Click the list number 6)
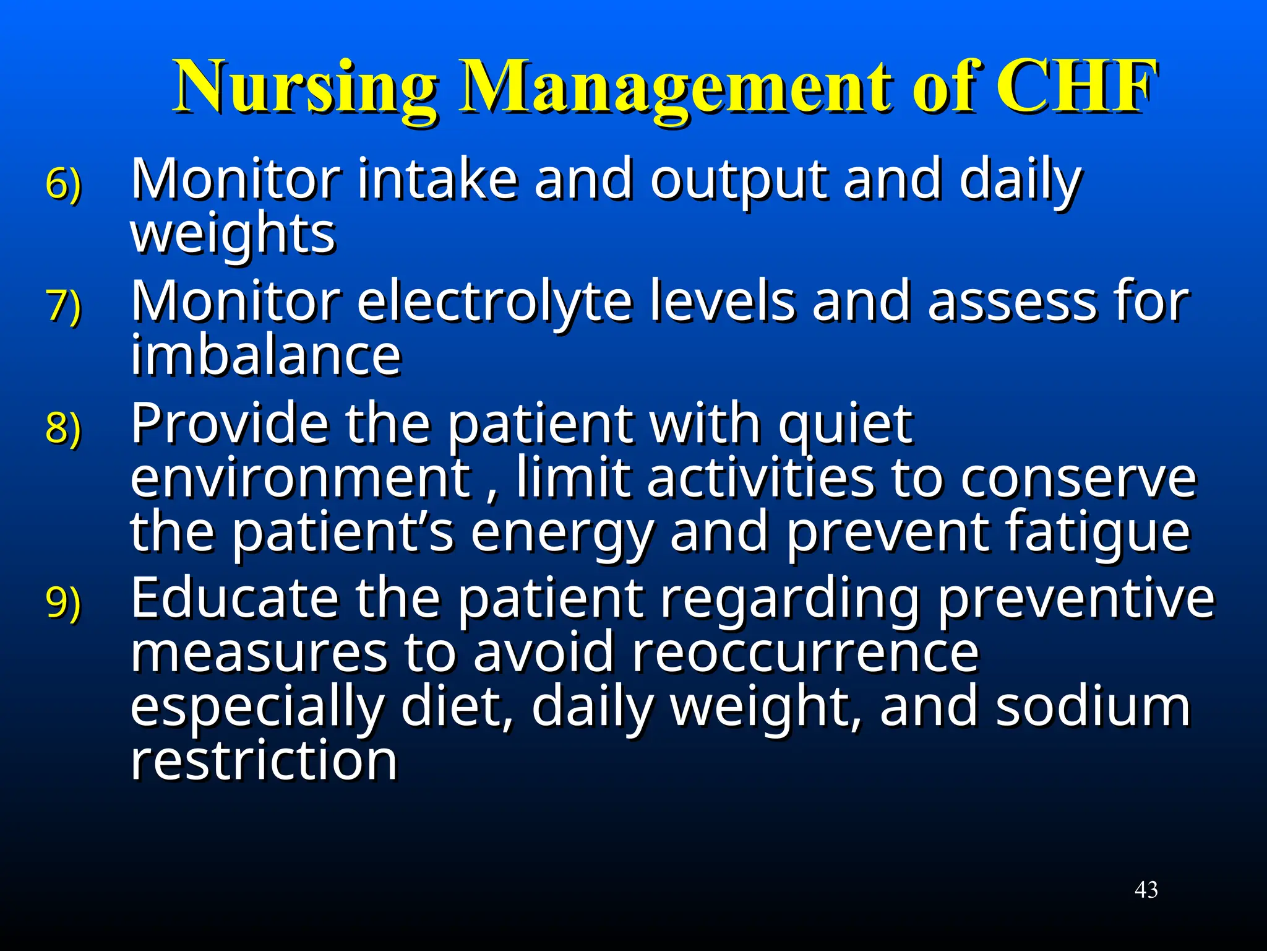coord(63,183)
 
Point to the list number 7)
coord(63,305)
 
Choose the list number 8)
coord(63,427)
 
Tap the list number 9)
coord(63,602)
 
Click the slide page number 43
coord(1146,890)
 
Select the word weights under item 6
coord(233,235)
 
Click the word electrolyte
coord(494,302)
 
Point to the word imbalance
coord(266,355)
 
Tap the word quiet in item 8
coord(844,425)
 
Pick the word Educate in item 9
coord(235,598)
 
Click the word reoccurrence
coord(805,653)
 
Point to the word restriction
coord(264,760)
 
